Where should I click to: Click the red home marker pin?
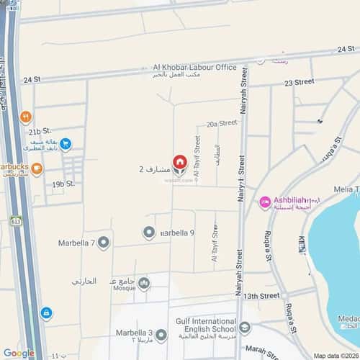179,162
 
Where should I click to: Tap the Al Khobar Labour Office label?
194,67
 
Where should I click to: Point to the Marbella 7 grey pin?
104,242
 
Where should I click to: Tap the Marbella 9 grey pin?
149,232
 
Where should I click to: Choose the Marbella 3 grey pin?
162,335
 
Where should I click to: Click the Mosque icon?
144,284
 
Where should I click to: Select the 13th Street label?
261,296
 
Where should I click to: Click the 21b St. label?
40,132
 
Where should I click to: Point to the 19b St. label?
63,184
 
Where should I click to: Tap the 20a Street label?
222,124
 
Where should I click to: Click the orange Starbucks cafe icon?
37,168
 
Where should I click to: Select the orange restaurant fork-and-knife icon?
25,117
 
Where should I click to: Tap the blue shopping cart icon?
66,144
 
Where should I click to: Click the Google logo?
19,353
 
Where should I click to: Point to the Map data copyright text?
334,356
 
